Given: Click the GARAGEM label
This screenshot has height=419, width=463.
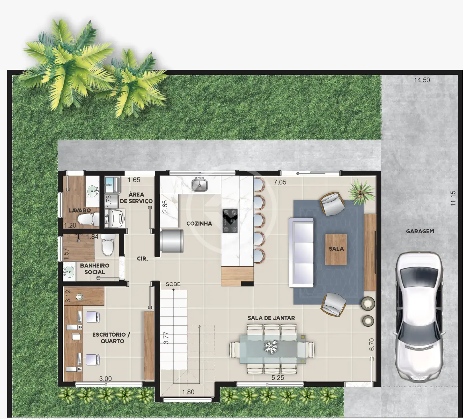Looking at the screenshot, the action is click(x=420, y=231).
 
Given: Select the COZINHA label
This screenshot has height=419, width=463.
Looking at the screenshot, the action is click(x=199, y=224).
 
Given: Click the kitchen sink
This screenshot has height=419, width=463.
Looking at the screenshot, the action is click(x=200, y=184).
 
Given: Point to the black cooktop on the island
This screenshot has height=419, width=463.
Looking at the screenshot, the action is click(x=230, y=221).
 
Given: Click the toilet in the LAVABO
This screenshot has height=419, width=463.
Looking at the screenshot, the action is click(x=88, y=219).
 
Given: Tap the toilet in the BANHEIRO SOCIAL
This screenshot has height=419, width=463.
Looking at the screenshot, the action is click(x=108, y=245).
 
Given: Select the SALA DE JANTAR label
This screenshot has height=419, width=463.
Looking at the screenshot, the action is click(x=271, y=318).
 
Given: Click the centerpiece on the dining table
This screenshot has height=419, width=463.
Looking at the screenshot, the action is click(x=271, y=347).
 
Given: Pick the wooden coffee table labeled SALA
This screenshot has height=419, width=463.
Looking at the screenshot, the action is click(x=336, y=249).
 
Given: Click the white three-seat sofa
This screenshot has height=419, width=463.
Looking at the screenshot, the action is click(x=301, y=252).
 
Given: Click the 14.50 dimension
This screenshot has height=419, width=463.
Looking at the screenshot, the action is click(x=422, y=80).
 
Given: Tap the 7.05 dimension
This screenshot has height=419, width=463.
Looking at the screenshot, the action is click(x=280, y=182).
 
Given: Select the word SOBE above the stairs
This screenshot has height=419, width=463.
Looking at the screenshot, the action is click(x=173, y=284).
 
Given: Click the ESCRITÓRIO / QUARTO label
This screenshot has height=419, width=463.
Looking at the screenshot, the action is click(x=111, y=338).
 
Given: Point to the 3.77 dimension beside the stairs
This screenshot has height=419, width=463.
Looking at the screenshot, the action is click(x=166, y=338).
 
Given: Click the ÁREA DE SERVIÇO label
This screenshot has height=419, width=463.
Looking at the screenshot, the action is click(x=136, y=198).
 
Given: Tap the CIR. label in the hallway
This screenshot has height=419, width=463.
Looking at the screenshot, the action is click(x=142, y=259).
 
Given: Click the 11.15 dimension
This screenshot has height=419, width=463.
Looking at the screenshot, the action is click(x=453, y=198).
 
